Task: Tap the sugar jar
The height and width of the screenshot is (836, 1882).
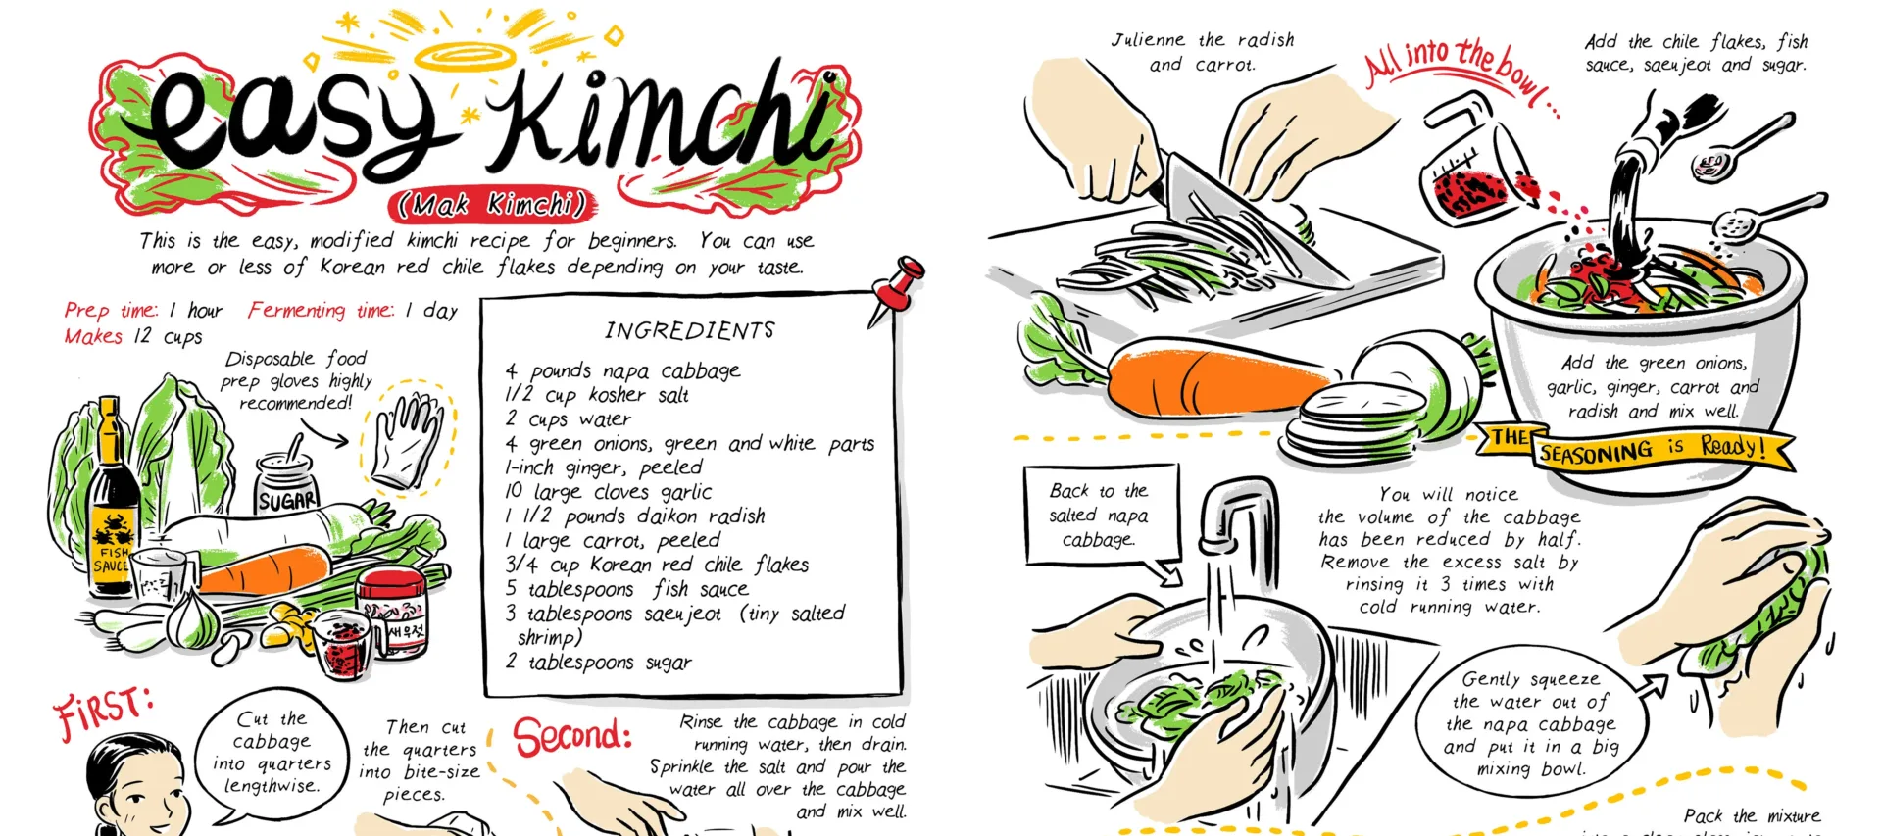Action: click(x=286, y=484)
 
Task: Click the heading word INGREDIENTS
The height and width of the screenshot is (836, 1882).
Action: click(x=689, y=330)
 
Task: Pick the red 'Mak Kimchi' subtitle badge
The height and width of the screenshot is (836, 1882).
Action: click(x=491, y=204)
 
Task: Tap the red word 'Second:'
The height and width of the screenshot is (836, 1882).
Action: click(x=572, y=736)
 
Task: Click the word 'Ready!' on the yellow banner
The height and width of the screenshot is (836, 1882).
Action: click(x=1733, y=448)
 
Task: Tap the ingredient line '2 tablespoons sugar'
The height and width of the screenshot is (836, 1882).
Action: click(x=599, y=663)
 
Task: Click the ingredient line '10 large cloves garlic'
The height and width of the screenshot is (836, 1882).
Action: click(x=608, y=492)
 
